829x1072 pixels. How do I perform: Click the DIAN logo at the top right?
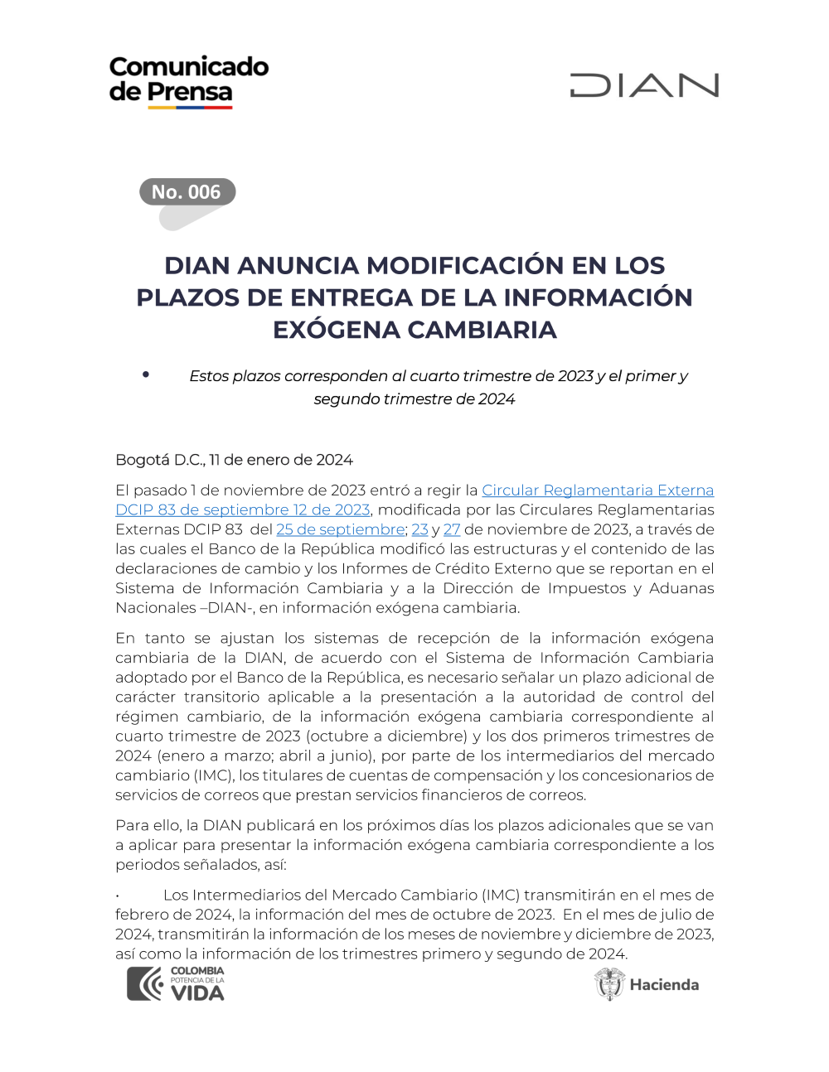coord(644,85)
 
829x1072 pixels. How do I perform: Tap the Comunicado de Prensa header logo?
coord(188,80)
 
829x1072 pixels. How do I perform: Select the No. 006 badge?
coord(187,192)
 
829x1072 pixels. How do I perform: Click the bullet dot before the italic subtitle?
coord(146,374)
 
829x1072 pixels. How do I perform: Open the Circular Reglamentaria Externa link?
coord(598,490)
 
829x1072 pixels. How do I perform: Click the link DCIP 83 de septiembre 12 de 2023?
coord(243,510)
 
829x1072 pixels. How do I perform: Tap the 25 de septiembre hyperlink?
coord(341,529)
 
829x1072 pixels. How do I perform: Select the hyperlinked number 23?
coord(420,529)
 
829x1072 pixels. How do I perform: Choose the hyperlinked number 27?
coord(452,529)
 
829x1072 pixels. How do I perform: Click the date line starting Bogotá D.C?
coord(234,460)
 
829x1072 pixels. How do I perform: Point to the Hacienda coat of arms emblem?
coord(609,984)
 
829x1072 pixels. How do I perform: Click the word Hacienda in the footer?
coord(664,985)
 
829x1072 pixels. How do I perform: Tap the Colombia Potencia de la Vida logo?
coord(176,983)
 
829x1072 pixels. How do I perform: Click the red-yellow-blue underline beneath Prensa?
coord(190,107)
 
